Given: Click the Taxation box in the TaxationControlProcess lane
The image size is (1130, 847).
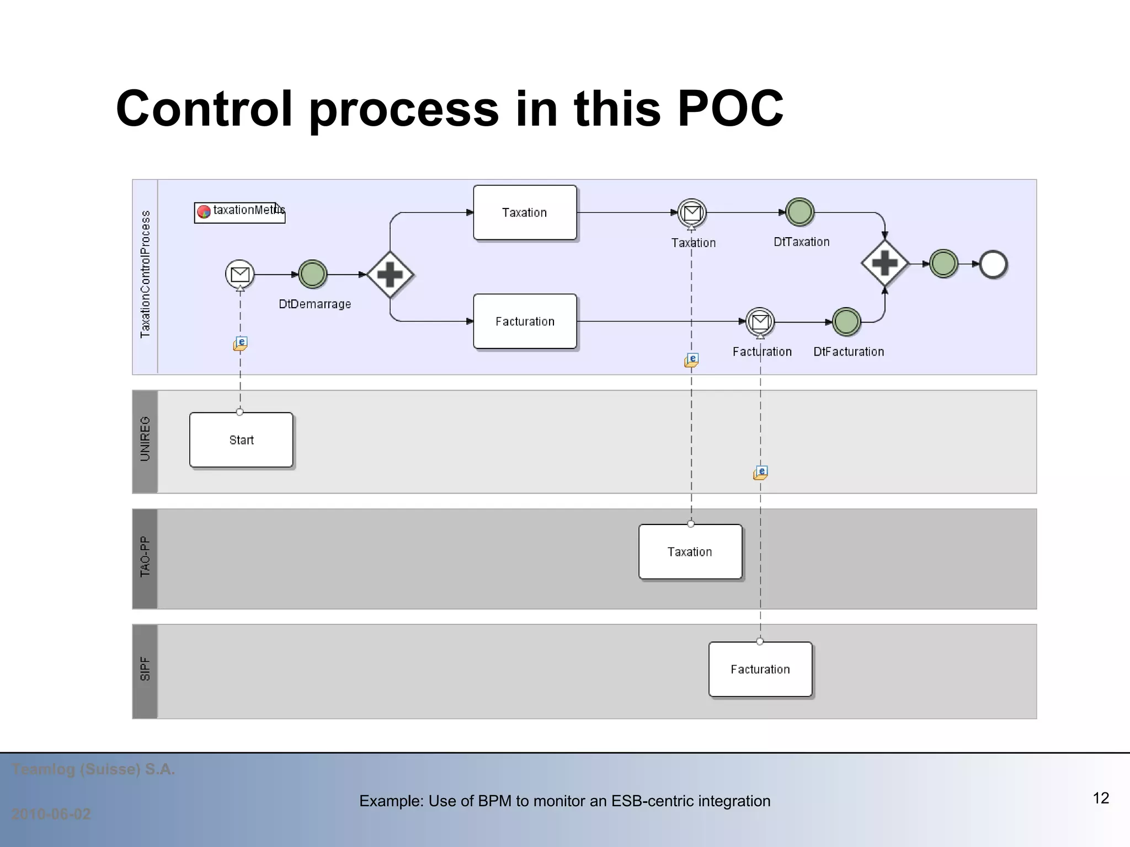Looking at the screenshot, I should (x=525, y=212).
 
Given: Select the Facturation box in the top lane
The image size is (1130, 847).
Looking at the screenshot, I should (x=525, y=321).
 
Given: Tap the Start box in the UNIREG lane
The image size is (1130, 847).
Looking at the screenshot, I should (x=241, y=439).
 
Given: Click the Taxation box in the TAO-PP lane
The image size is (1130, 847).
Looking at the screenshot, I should (x=690, y=551).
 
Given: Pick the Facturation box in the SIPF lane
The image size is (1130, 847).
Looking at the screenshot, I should (x=760, y=669).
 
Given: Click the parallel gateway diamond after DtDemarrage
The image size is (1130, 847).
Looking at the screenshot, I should (x=390, y=275).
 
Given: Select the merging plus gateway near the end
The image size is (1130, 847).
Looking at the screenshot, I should (x=884, y=264).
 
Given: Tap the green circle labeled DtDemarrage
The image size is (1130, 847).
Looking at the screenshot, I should (x=313, y=274).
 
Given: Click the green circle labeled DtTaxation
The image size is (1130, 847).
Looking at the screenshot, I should (x=799, y=212).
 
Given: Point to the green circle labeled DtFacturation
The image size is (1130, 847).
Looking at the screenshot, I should (x=846, y=321).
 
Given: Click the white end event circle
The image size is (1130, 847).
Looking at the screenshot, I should (x=993, y=264).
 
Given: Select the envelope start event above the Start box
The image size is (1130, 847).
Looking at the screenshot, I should (x=240, y=274).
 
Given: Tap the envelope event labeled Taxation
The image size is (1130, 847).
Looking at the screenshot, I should (x=692, y=212).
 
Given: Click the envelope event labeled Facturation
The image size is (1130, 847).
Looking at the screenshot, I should (x=760, y=321).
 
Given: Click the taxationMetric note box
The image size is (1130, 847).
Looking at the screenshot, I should (x=239, y=212).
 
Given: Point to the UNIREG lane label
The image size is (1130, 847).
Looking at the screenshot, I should (x=145, y=439).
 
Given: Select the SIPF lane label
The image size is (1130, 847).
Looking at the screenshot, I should (x=145, y=669).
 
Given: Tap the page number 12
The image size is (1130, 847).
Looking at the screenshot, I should (x=1100, y=798).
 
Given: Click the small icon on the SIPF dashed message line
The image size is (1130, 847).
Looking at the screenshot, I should (x=760, y=473).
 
